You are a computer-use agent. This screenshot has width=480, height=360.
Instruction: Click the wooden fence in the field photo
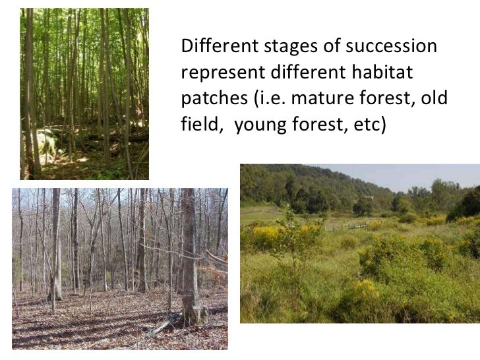pos(355,226)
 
